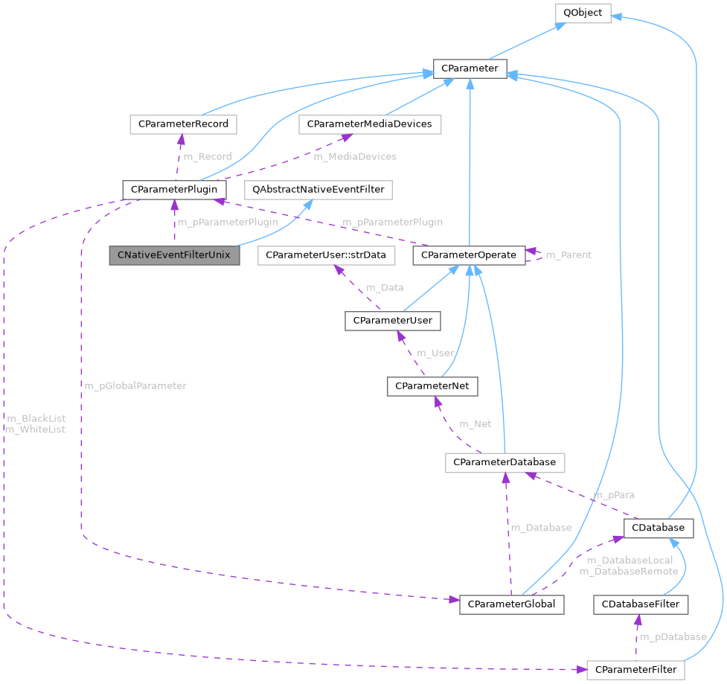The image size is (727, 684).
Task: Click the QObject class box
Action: [x=582, y=13]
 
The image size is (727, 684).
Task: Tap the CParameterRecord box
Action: [x=183, y=124]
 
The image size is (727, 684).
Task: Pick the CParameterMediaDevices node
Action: [x=370, y=124]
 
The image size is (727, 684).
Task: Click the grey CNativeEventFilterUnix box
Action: [x=175, y=255]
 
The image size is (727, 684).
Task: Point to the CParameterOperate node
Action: [x=468, y=255]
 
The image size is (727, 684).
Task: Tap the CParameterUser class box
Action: [x=393, y=321]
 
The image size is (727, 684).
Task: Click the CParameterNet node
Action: [x=432, y=386]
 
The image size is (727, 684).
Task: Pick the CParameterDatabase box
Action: [x=505, y=462]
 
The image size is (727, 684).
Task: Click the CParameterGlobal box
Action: [x=512, y=604]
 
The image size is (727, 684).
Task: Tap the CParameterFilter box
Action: [x=635, y=669]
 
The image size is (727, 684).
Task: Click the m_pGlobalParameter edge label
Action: [x=135, y=386]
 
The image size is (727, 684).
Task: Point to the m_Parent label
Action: [x=569, y=255]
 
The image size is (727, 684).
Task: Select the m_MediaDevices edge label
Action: [x=355, y=156]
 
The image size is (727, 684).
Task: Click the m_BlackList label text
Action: [x=35, y=418]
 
